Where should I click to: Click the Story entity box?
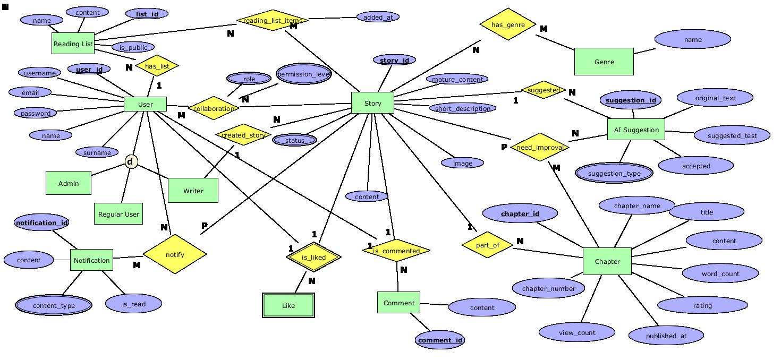(x=372, y=103)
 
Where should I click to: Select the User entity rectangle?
(x=145, y=104)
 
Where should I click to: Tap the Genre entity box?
(x=604, y=62)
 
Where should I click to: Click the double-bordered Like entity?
(x=288, y=305)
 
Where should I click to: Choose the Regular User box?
(x=118, y=214)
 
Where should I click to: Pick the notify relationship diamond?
(x=175, y=254)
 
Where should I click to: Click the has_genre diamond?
(x=507, y=24)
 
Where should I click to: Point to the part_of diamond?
(x=487, y=245)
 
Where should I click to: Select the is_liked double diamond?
(x=313, y=258)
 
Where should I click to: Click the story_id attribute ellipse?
(x=394, y=60)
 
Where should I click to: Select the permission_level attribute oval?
(x=303, y=74)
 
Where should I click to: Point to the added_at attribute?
(x=378, y=17)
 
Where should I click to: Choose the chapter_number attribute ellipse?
(x=549, y=288)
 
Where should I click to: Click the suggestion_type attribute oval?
(x=614, y=173)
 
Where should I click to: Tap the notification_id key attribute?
(x=41, y=223)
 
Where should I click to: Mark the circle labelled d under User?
(x=131, y=161)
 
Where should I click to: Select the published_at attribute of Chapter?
(x=666, y=336)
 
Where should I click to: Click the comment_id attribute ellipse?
(x=440, y=340)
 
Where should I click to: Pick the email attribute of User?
(x=30, y=92)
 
